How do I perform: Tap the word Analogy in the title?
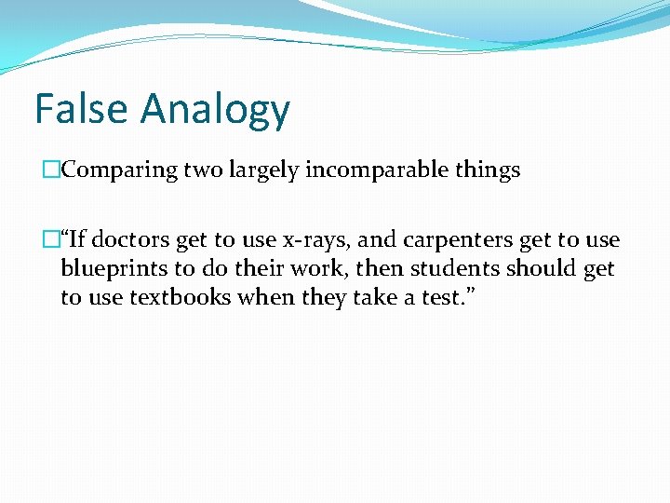coord(215,110)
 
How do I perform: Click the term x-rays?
coord(312,239)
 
